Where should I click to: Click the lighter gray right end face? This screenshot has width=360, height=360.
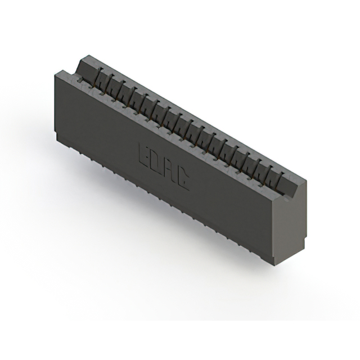click(289, 225)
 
